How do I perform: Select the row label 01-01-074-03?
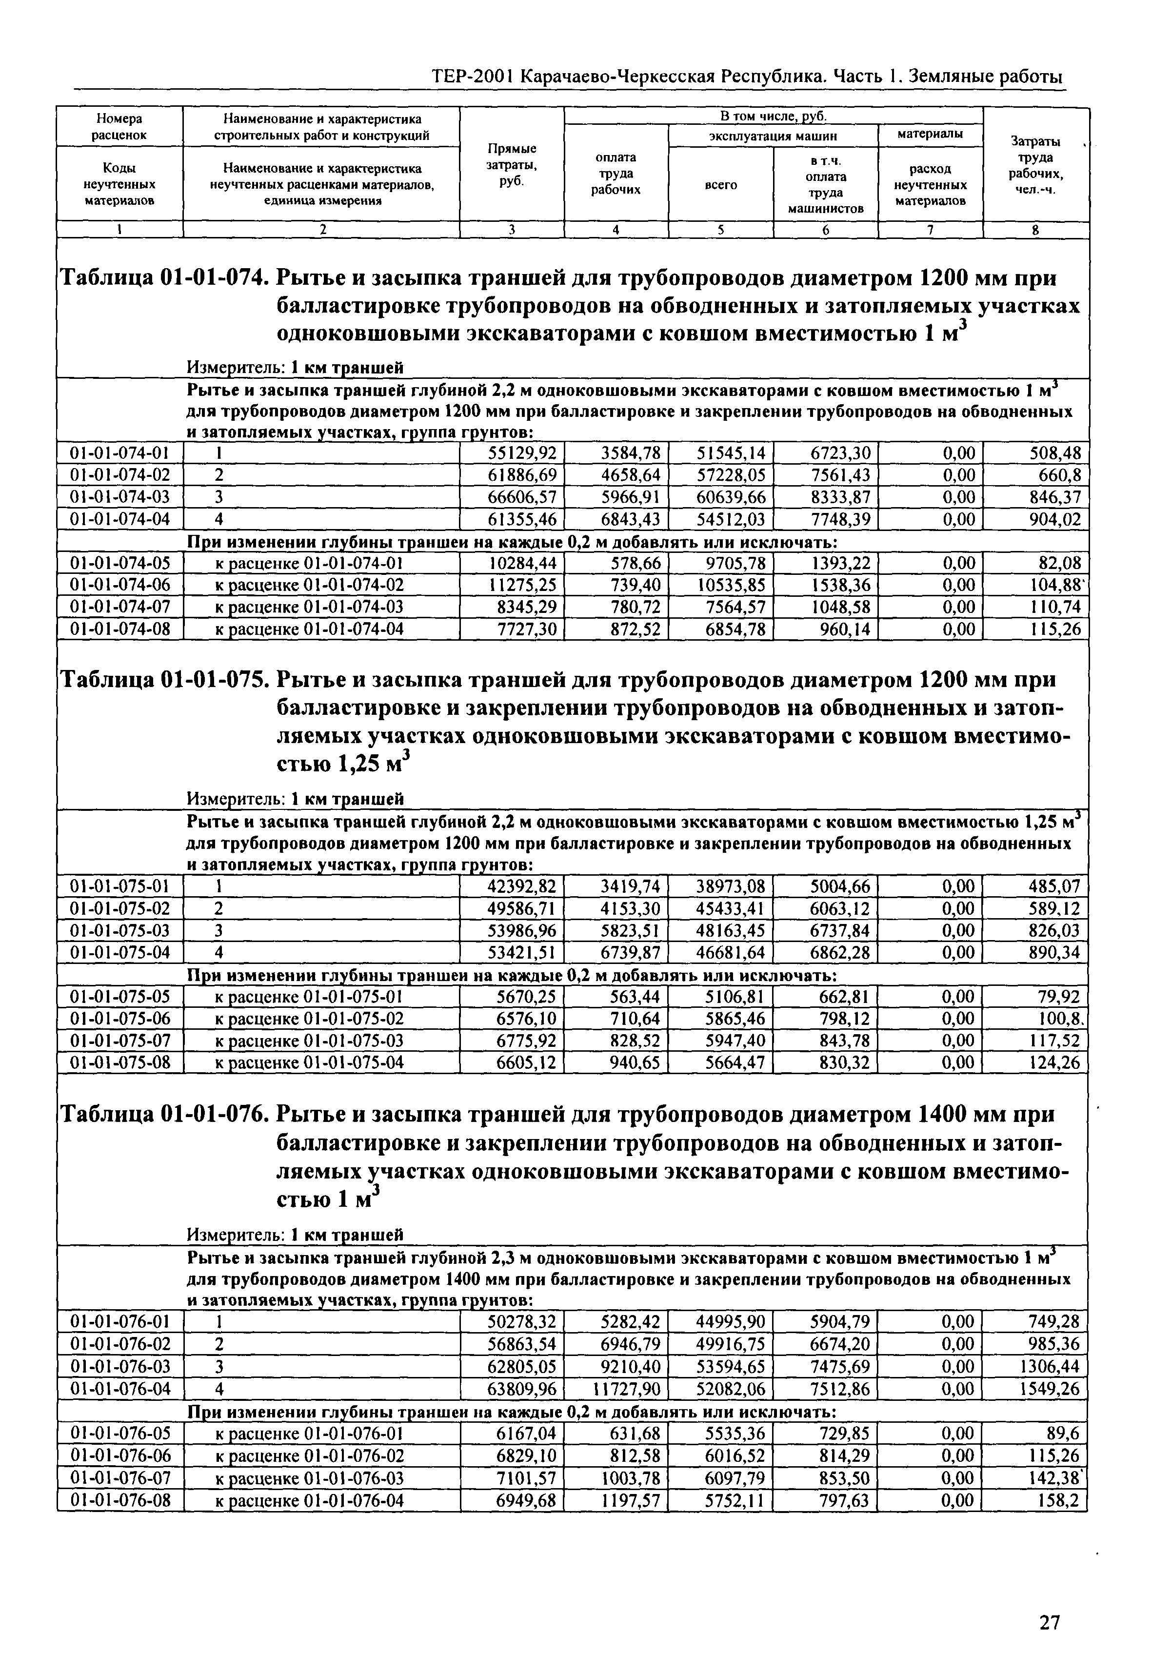pyautogui.click(x=120, y=497)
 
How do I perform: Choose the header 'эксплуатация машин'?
pyautogui.click(x=773, y=135)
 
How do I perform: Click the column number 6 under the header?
pyautogui.click(x=825, y=230)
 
